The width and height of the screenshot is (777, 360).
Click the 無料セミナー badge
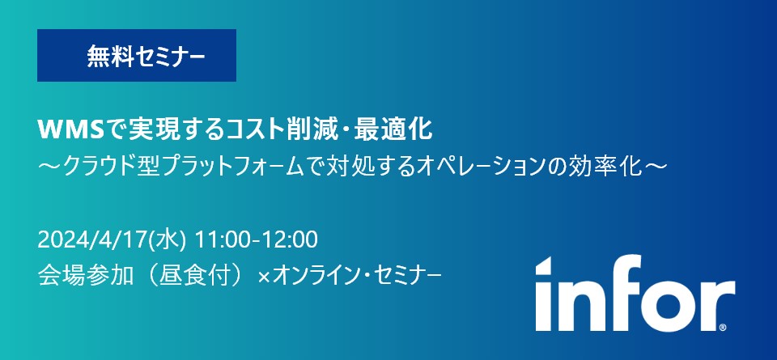coord(136,56)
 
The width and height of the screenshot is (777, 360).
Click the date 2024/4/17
coord(92,241)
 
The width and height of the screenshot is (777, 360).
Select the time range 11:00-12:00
coord(257,241)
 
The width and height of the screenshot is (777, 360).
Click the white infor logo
coord(635,293)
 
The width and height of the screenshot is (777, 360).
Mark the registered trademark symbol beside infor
coord(723,328)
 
